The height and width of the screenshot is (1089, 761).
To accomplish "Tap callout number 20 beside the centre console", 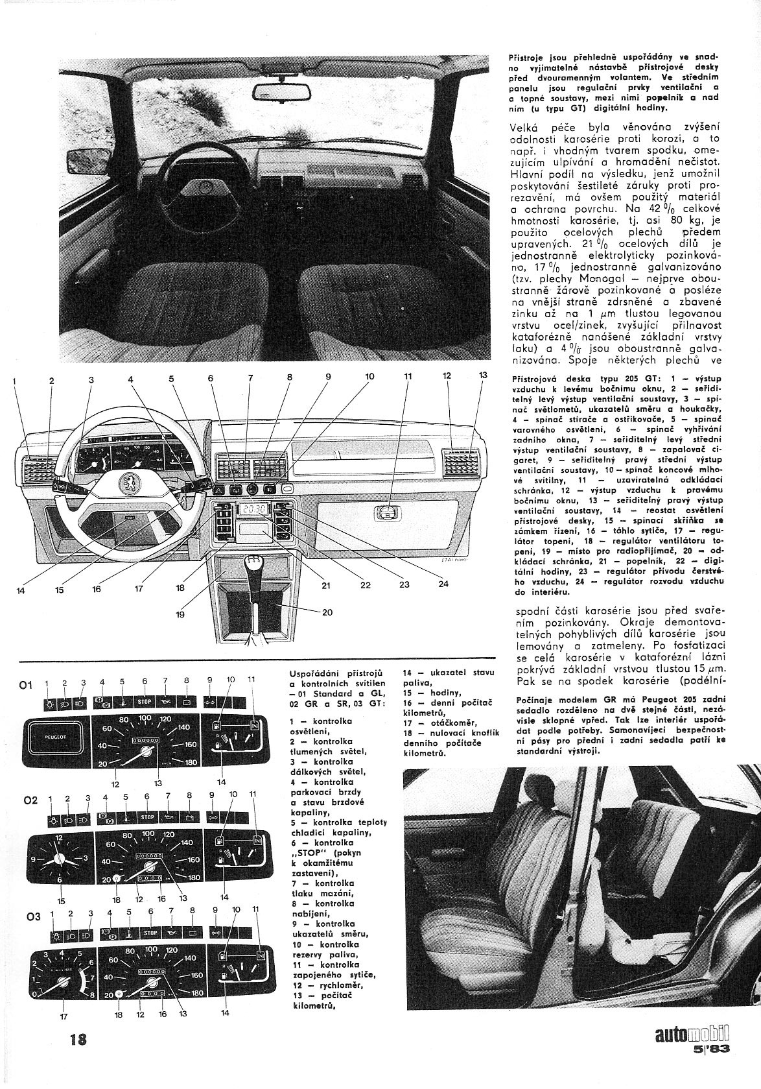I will coord(327,612).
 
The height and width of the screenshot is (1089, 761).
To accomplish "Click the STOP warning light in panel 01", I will coord(145,701).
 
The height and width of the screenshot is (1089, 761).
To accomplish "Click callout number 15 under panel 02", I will coord(62,901).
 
